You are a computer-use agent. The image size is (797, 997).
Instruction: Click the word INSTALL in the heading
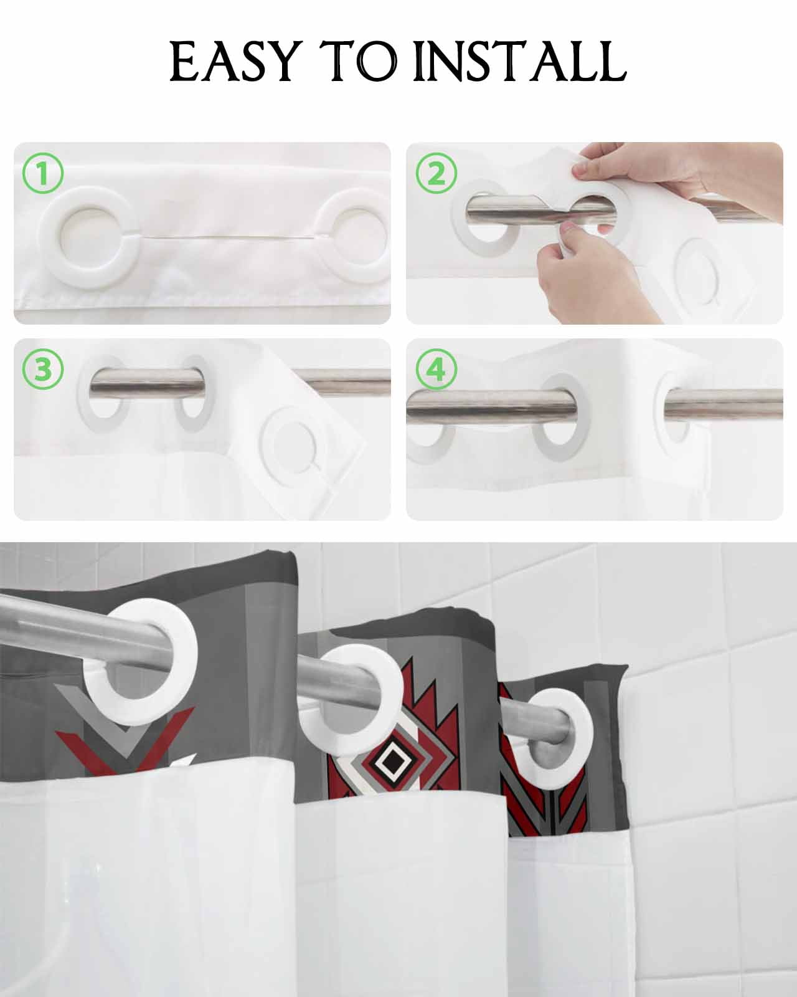pyautogui.click(x=519, y=61)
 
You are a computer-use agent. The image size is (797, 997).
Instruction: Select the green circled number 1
pyautogui.click(x=42, y=173)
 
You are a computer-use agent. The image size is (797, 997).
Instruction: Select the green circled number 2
pyautogui.click(x=436, y=173)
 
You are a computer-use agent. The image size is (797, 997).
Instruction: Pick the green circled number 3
pyautogui.click(x=42, y=370)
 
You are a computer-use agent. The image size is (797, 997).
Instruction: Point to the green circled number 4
pyautogui.click(x=436, y=370)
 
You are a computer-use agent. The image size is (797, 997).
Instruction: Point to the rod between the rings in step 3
pyautogui.click(x=148, y=383)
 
